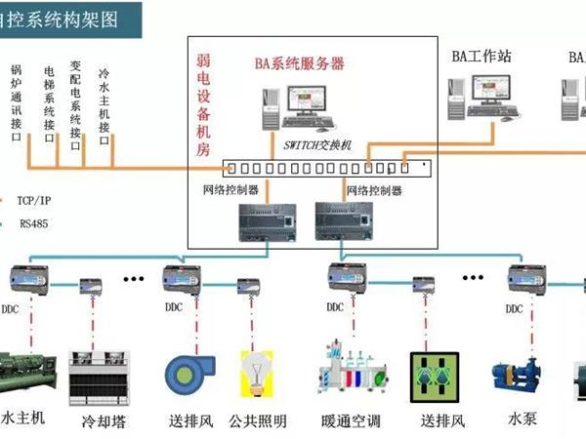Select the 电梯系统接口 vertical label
pos(48,103)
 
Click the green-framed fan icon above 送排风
pos(436,377)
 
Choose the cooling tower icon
pos(102,376)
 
